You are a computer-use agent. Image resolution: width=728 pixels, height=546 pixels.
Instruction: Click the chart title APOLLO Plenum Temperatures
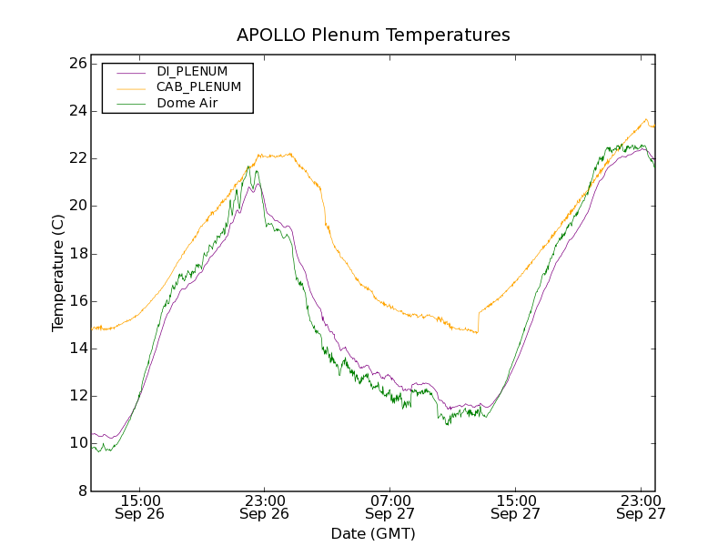373,35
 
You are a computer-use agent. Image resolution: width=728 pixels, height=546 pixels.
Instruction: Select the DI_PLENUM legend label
192,71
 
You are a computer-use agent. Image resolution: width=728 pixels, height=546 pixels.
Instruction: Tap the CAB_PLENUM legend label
198,87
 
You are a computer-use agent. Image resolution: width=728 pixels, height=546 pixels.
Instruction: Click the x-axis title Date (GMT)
373,533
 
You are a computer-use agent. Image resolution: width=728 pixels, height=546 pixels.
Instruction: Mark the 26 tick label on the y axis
76,64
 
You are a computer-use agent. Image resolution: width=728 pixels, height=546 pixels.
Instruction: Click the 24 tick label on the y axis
76,111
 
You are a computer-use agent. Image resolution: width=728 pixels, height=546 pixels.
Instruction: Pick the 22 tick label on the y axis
76,158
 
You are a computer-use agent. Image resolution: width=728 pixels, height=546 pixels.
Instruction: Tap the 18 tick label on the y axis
76,254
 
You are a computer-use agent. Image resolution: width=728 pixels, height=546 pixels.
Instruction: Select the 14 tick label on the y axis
76,349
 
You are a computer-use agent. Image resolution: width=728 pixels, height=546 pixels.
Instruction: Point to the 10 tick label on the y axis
76,443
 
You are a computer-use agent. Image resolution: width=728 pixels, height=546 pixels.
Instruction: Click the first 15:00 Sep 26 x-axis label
140,507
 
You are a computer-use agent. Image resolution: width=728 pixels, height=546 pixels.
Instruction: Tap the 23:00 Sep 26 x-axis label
265,507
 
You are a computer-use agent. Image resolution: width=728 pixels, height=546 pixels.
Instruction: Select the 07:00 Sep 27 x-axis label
390,507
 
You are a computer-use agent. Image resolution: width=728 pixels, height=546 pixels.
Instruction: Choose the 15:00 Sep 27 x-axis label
516,507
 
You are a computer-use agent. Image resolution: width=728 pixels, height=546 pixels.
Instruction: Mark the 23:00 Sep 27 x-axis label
641,507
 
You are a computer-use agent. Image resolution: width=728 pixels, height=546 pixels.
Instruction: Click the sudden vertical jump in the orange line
478,321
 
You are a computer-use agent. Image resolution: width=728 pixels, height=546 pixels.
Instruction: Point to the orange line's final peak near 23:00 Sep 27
646,119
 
